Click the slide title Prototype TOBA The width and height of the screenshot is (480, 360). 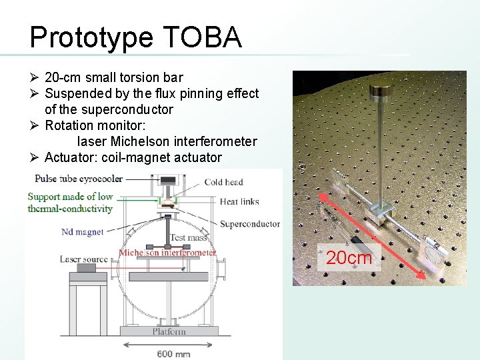pos(135,37)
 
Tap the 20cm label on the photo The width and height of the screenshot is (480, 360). pos(349,257)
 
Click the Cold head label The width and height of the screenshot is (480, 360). pos(223,182)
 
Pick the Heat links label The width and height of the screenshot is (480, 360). pos(239,201)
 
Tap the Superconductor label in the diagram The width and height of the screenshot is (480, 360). pos(249,224)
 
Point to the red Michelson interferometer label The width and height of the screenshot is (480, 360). pos(167,253)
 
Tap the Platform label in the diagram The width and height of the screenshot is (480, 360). pos(169,331)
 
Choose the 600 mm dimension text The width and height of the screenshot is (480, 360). pos(173,353)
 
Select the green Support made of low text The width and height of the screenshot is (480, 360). pos(70,197)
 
